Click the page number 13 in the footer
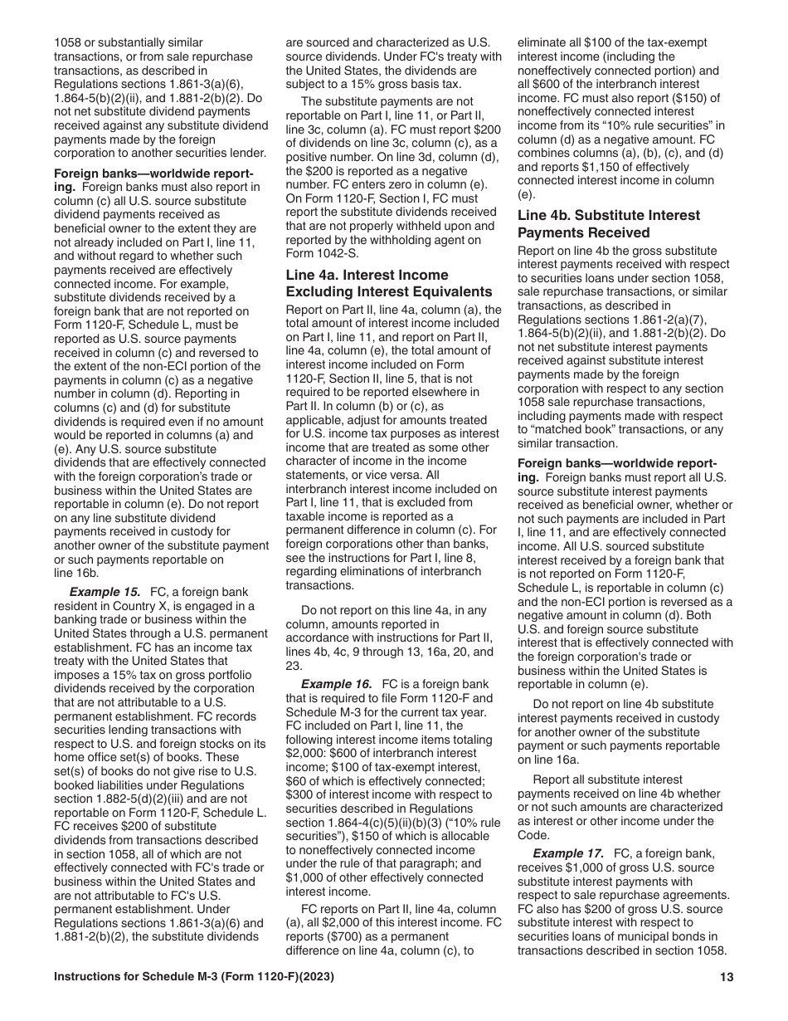click(x=727, y=978)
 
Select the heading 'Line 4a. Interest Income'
click(x=367, y=275)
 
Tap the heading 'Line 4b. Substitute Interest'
click(x=608, y=215)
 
